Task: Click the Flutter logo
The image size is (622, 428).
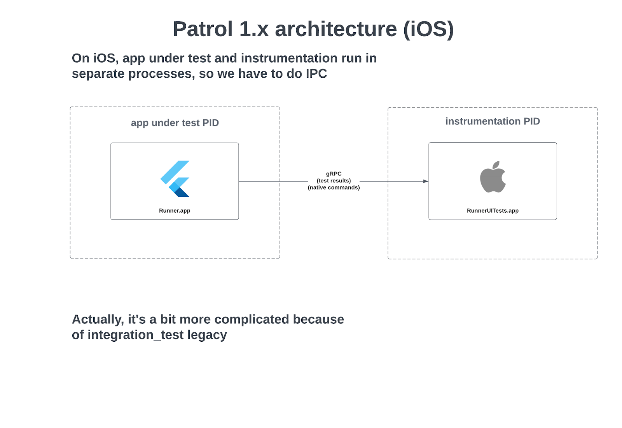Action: (x=175, y=178)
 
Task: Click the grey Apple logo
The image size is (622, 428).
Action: (x=493, y=177)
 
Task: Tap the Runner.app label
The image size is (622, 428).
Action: (x=175, y=211)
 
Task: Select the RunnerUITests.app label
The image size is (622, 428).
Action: (x=493, y=211)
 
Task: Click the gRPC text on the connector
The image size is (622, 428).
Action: (x=334, y=174)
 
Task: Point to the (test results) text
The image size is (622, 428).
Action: (x=334, y=181)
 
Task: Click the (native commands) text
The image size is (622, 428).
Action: (x=334, y=188)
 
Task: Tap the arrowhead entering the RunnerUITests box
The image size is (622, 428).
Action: (x=426, y=181)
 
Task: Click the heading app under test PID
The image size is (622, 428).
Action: (x=175, y=123)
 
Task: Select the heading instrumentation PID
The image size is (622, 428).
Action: (x=493, y=121)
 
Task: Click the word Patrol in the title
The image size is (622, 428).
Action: (x=203, y=29)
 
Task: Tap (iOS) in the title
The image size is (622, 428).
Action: (x=428, y=29)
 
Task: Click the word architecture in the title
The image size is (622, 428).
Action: (x=336, y=29)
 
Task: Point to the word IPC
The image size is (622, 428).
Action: (x=316, y=74)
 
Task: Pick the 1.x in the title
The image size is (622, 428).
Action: (x=254, y=29)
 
